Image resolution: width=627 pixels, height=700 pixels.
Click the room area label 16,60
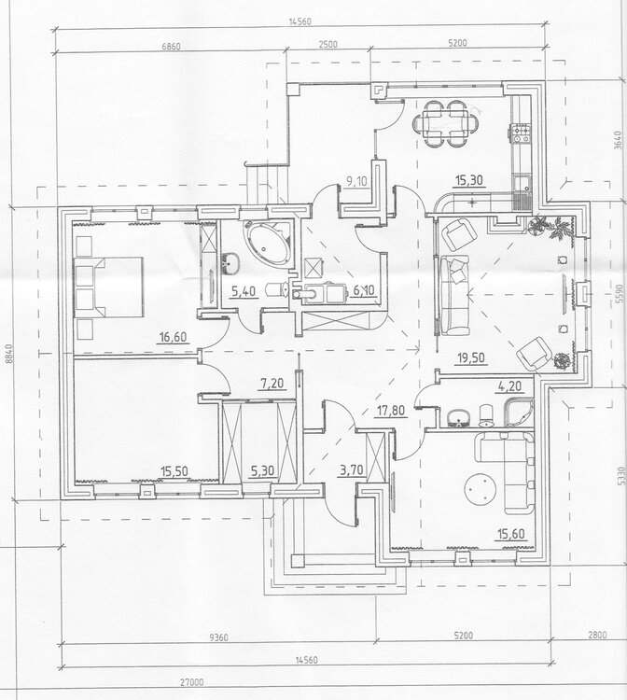click(x=173, y=337)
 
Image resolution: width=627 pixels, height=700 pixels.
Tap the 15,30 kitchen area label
click(x=468, y=180)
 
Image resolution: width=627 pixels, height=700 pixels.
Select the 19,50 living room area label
click(x=471, y=358)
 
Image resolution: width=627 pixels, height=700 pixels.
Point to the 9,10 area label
click(x=356, y=181)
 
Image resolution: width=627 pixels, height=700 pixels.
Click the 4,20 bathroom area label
click(x=509, y=385)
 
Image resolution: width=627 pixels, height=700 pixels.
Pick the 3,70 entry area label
click(x=351, y=469)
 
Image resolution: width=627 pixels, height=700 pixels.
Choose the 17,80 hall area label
click(x=392, y=410)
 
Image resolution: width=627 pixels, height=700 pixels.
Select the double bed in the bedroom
click(x=109, y=287)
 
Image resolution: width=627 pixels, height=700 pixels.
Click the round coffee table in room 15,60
click(x=481, y=489)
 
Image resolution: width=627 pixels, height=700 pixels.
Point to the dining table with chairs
click(x=446, y=123)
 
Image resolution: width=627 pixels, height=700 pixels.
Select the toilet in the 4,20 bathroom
click(x=485, y=414)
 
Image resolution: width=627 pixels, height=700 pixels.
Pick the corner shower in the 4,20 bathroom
click(x=518, y=413)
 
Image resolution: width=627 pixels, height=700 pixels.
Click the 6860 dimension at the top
click(x=171, y=47)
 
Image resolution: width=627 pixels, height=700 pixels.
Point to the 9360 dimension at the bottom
click(x=218, y=637)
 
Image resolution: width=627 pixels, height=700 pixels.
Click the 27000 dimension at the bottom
click(x=192, y=682)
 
